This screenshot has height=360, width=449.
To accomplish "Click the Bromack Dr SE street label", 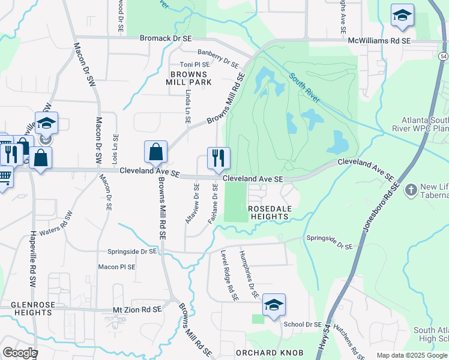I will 165,38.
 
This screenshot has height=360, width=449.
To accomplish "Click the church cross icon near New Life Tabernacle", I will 411,190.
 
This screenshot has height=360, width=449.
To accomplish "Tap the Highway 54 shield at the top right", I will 443,56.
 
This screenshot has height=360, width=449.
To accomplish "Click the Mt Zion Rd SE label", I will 137,310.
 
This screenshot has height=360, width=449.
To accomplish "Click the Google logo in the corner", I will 19,353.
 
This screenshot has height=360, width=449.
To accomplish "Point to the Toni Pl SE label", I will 194,64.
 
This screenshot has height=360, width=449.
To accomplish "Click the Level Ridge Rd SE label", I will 229,275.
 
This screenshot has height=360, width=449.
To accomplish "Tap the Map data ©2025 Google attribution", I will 412,355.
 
